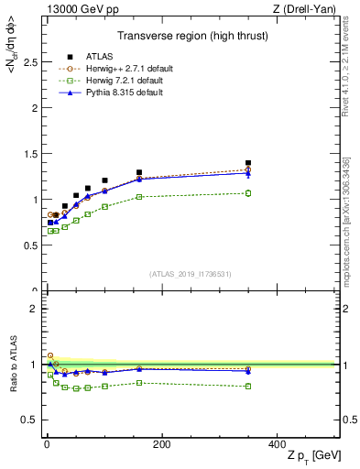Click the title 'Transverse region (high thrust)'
pos(191,38)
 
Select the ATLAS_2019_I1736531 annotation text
pos(191,274)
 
